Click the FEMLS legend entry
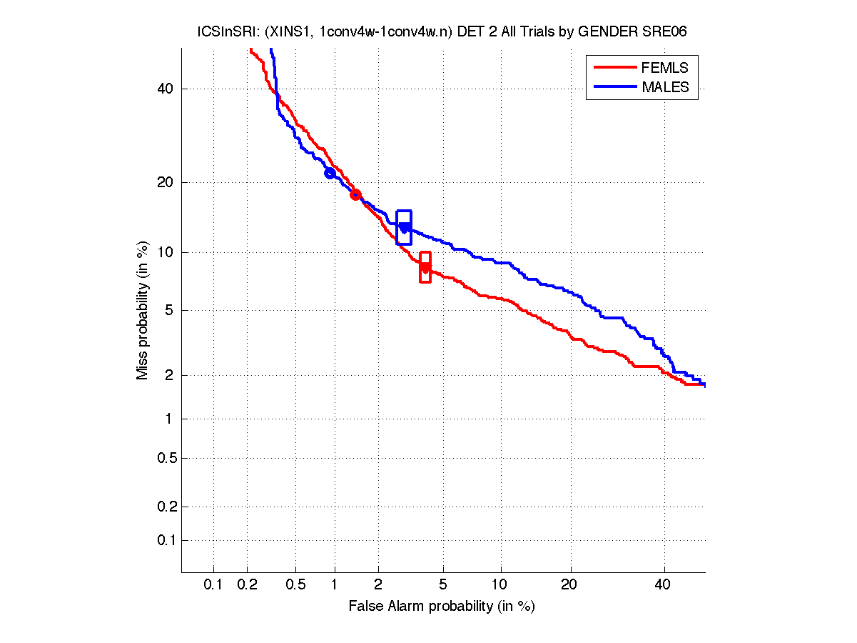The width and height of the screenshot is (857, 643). pos(665,68)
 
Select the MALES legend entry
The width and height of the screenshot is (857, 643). pos(665,87)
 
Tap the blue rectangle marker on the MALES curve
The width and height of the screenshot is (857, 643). pos(404,227)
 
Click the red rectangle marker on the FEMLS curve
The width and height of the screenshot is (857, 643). pos(425,267)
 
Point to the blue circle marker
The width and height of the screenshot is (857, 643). pos(330,173)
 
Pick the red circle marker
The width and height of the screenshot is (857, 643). pos(355,194)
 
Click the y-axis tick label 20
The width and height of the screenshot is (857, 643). pos(166,182)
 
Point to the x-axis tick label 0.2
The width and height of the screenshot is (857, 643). pos(248,585)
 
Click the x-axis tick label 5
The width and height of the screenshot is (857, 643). pos(444,585)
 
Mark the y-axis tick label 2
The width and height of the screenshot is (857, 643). pos(169,375)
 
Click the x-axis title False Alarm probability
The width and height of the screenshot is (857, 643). pos(442,606)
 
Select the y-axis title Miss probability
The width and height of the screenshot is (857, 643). pos(143,310)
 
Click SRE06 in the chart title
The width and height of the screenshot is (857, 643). pos(664,31)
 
